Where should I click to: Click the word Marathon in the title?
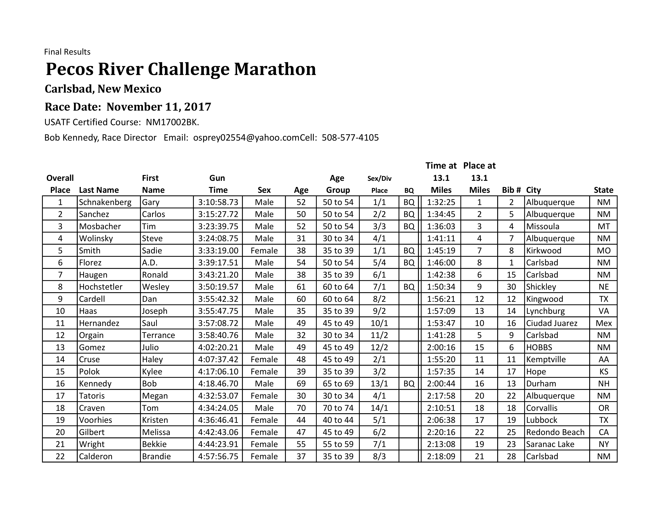pyautogui.click(x=275, y=69)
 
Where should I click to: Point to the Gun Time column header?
pyautogui.click(x=218, y=184)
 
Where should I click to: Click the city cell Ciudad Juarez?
pyautogui.click(x=552, y=323)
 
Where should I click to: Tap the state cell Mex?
pyautogui.click(x=603, y=323)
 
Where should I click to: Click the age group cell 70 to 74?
pyautogui.click(x=338, y=408)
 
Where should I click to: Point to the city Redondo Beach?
pyautogui.click(x=555, y=432)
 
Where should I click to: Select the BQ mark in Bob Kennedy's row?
pyautogui.click(x=409, y=384)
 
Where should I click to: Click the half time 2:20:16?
pyautogui.click(x=441, y=432)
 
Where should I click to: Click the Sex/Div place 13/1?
pyautogui.click(x=379, y=384)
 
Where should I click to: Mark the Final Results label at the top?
pyautogui.click(x=67, y=52)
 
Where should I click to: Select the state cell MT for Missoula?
pyautogui.click(x=603, y=226)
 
